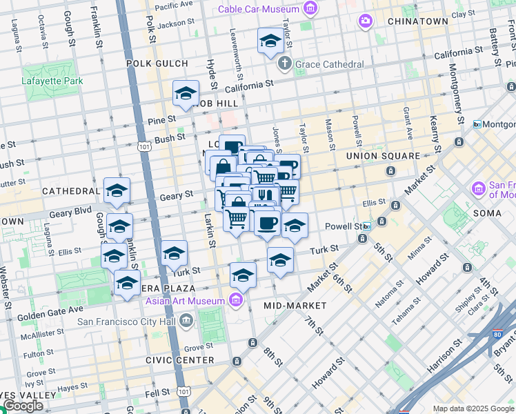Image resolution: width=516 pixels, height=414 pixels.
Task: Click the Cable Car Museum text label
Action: [259, 9]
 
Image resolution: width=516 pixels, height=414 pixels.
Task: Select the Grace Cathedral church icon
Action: [284, 64]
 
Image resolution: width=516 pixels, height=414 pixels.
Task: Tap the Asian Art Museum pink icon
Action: [237, 301]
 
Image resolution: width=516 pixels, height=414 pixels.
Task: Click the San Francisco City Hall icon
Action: [186, 320]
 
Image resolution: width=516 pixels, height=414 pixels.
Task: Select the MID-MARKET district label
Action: [290, 304]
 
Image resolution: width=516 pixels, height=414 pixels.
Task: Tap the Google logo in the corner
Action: [23, 406]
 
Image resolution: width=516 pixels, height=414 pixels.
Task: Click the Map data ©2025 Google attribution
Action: [474, 408]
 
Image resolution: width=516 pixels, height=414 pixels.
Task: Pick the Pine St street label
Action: [163, 120]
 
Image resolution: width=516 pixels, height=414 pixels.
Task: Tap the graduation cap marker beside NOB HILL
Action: [186, 93]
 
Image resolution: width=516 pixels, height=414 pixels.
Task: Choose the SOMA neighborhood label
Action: [487, 213]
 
